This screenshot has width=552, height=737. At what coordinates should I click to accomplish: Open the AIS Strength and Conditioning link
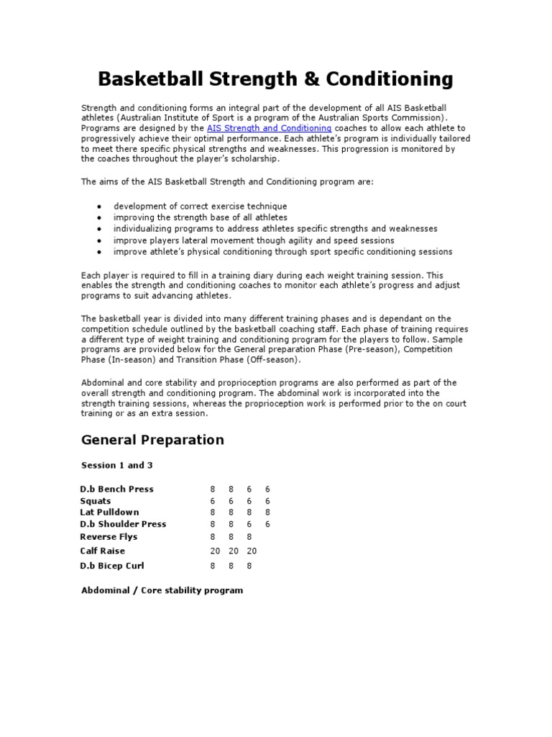point(269,127)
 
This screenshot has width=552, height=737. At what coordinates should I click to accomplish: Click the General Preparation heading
point(152,440)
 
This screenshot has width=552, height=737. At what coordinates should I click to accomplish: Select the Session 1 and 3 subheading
point(116,465)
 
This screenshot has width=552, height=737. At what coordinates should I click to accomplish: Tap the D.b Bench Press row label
point(116,489)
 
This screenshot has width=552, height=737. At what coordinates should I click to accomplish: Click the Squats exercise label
point(96,501)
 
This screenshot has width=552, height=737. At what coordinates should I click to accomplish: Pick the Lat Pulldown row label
point(109,512)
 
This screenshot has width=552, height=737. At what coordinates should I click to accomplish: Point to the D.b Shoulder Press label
point(123,524)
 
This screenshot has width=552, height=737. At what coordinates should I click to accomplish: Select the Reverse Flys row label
point(109,536)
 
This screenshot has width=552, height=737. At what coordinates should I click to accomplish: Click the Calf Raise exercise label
point(102,551)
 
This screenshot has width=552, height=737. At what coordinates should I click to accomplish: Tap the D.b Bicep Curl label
point(112,566)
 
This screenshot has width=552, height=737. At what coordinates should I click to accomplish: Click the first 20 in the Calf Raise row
point(213,551)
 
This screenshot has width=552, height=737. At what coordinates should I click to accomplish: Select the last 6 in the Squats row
point(267,501)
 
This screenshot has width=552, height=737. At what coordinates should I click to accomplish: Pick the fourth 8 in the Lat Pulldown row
point(267,512)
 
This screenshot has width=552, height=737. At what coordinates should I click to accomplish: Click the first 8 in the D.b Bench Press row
point(213,489)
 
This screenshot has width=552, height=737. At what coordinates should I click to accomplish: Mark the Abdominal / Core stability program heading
point(162,590)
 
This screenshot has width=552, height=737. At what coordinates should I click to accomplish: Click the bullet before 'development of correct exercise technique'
point(98,206)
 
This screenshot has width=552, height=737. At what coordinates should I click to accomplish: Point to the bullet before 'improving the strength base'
point(98,217)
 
